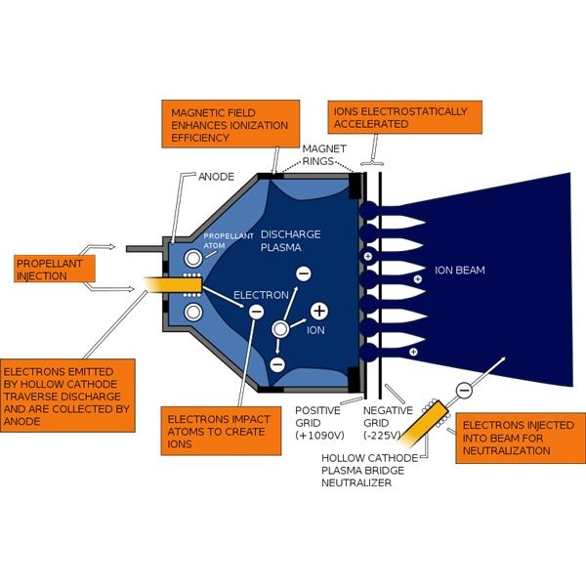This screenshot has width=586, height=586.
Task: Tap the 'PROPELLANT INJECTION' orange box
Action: tap(56, 270)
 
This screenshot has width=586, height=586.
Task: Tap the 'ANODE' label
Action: tap(217, 177)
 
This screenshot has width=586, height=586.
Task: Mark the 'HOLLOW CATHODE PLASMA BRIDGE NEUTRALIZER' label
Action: tap(377, 470)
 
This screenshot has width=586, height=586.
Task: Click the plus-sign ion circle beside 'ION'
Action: tap(318, 312)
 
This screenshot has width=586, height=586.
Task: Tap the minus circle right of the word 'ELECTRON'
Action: tap(256, 312)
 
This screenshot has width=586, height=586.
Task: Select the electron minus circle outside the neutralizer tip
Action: tap(463, 391)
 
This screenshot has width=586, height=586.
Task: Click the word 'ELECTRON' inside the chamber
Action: tap(261, 294)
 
